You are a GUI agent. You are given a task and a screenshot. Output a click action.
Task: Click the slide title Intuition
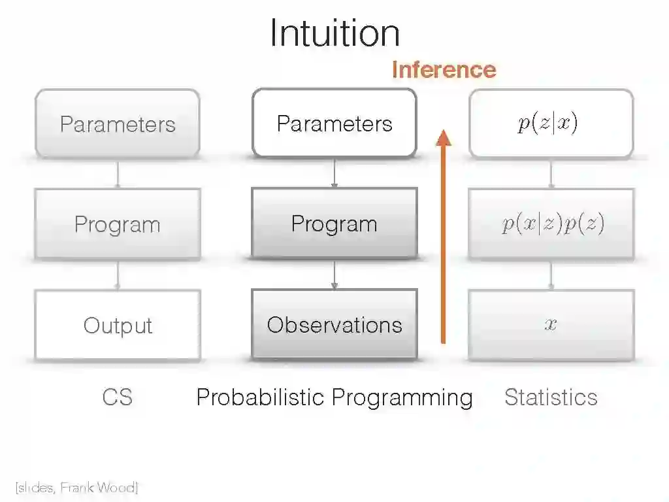click(x=334, y=33)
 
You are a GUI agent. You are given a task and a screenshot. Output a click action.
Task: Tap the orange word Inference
click(x=444, y=69)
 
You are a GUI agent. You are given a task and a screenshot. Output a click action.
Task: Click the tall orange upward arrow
click(x=444, y=235)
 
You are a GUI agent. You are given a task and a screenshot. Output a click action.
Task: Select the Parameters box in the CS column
click(x=118, y=124)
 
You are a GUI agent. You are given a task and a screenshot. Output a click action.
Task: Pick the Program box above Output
click(x=118, y=224)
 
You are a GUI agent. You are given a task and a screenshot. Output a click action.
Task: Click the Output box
click(x=118, y=325)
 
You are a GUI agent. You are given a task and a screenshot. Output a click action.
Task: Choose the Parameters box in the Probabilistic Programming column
click(x=334, y=124)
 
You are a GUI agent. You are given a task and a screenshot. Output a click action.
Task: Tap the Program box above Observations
click(x=334, y=224)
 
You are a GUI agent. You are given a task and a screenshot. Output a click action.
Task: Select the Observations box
click(x=334, y=325)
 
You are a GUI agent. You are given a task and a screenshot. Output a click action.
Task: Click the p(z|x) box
click(x=551, y=124)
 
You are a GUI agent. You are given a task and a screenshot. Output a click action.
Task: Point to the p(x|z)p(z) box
click(x=551, y=224)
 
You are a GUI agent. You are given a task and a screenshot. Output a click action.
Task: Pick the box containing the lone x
click(x=551, y=325)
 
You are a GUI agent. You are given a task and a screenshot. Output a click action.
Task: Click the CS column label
click(x=118, y=397)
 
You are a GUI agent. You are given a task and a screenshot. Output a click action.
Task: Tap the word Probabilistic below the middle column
click(x=261, y=397)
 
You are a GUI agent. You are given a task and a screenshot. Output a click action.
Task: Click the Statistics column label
click(x=551, y=397)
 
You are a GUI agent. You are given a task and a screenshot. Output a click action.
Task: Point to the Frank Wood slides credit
click(x=76, y=488)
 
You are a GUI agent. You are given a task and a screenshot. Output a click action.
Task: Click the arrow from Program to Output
click(x=118, y=275)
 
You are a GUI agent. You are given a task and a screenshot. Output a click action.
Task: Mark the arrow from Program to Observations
click(x=334, y=275)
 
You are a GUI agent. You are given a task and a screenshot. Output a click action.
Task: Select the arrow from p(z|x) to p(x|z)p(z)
click(x=551, y=174)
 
